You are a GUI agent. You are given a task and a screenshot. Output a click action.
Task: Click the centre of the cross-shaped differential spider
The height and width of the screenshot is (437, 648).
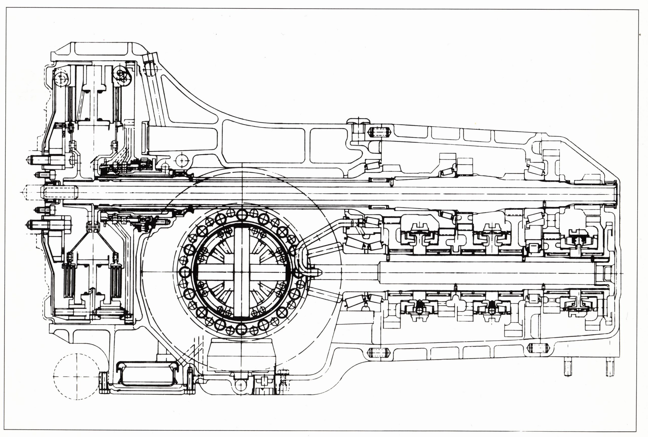point(241,272)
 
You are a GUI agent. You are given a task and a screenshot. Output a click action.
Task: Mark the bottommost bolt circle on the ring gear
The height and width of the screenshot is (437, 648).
point(241,329)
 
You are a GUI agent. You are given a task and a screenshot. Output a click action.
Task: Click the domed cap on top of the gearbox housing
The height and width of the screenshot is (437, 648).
point(358,121)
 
